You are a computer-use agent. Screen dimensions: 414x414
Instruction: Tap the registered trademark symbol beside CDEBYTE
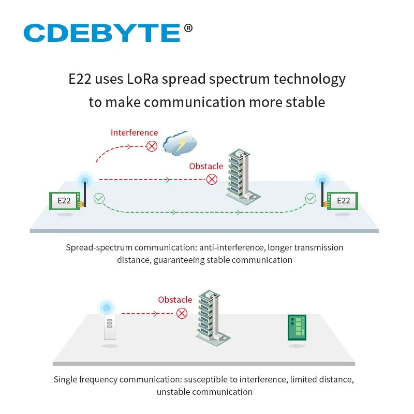[188, 28]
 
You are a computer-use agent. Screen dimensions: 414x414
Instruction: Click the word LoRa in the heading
[143, 79]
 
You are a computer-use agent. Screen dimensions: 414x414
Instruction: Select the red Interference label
[135, 132]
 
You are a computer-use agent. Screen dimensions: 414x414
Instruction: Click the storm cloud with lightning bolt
[180, 143]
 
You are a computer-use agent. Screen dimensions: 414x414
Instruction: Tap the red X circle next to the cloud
[152, 146]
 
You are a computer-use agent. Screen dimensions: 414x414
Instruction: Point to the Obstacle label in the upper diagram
[206, 166]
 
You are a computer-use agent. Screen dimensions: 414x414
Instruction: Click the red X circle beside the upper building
[212, 179]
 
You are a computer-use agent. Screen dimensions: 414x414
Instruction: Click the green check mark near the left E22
[99, 199]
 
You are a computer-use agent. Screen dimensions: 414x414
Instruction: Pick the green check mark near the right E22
[310, 199]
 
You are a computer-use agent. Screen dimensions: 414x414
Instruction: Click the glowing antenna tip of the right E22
[322, 180]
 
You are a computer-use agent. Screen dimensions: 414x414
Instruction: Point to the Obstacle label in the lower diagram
[175, 300]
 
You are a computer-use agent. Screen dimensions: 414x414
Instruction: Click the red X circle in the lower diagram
[182, 314]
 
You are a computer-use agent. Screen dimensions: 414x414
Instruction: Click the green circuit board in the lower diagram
[297, 328]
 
